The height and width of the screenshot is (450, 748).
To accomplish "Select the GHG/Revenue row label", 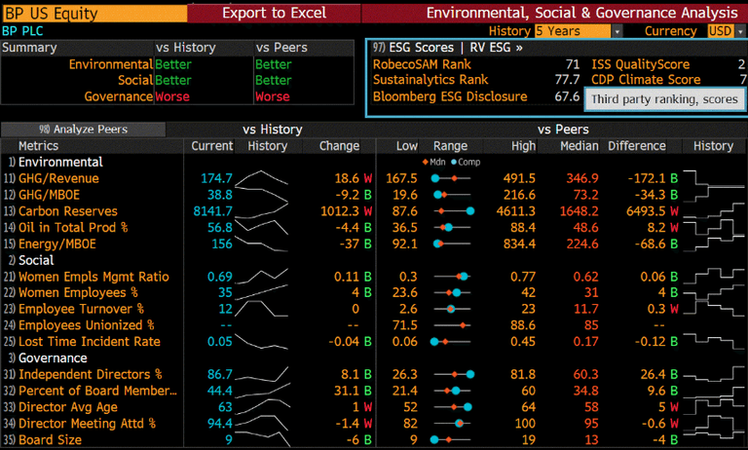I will (x=59, y=178).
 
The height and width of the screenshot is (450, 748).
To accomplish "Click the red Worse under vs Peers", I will (x=273, y=96).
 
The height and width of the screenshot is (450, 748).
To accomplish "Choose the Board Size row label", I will (x=50, y=439).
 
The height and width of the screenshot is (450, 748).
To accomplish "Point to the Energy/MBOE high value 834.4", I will (x=517, y=244).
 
